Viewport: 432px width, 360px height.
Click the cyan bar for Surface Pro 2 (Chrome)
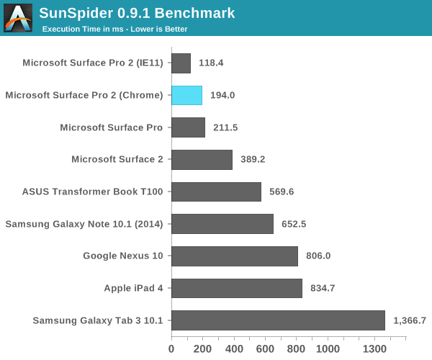point(186,95)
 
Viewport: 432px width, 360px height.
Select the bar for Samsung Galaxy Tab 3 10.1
point(278,320)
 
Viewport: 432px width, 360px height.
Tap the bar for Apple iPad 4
point(236,288)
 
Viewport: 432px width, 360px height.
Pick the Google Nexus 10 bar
point(234,256)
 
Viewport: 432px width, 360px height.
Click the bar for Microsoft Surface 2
point(202,159)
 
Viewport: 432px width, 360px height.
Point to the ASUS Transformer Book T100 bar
point(216,192)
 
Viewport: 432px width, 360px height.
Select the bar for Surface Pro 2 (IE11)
point(181,63)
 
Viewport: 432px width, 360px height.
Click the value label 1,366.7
point(410,320)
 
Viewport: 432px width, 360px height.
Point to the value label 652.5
point(294,224)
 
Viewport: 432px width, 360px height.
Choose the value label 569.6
point(282,192)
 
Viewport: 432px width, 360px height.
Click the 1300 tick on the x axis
point(375,348)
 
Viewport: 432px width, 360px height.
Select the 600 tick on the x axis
point(265,348)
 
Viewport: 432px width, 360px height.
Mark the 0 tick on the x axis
point(171,348)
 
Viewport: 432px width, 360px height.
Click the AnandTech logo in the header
point(18,18)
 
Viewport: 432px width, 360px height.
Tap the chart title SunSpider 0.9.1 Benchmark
point(137,13)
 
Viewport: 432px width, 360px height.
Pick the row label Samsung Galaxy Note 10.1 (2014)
point(85,224)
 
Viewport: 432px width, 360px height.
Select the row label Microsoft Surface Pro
point(112,127)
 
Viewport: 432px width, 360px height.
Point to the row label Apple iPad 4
point(133,288)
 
